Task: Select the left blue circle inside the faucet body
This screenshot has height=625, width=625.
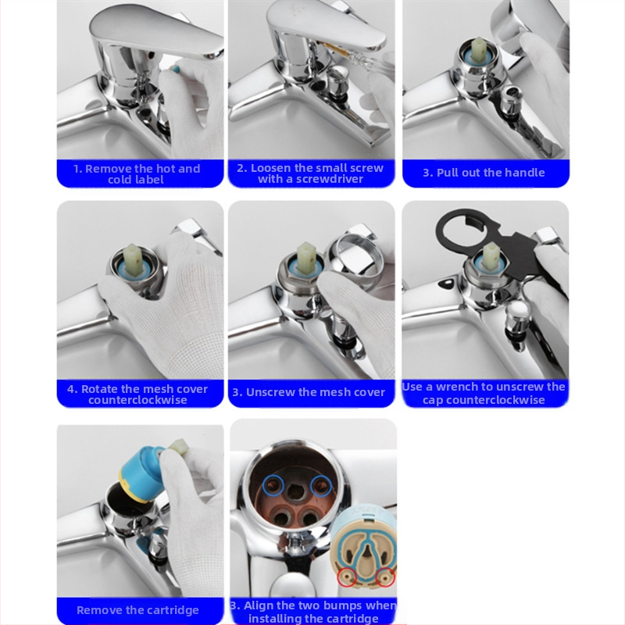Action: point(273,485)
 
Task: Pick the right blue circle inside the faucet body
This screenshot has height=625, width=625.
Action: point(321,486)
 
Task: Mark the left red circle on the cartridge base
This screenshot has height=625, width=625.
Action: point(346,577)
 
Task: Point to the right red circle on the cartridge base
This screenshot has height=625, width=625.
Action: point(385,577)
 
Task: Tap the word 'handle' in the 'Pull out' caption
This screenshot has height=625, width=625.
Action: point(525,173)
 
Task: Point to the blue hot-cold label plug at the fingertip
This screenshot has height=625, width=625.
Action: point(174,70)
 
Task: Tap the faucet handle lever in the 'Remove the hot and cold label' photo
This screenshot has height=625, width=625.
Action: point(155,30)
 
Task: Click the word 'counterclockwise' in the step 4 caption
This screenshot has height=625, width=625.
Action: point(137,400)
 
